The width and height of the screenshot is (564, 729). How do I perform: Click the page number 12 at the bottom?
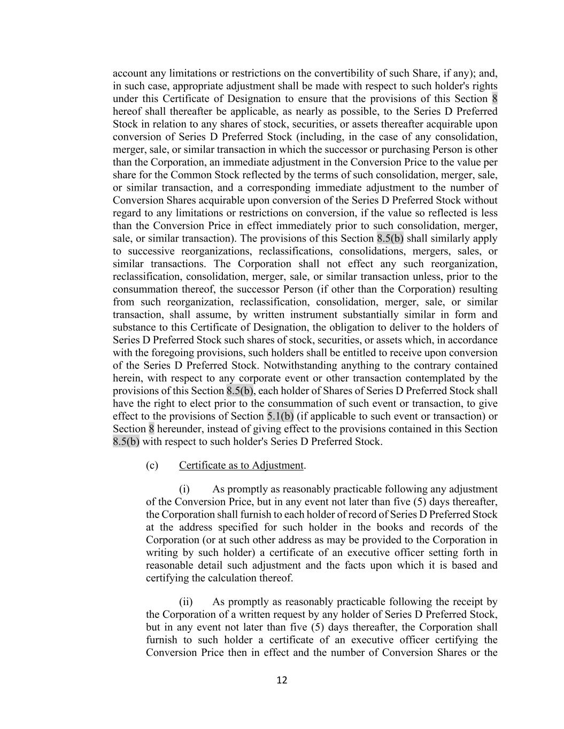(x=282, y=680)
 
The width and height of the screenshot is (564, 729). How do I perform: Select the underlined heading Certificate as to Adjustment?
(x=241, y=465)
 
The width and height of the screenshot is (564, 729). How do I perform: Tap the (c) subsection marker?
(x=152, y=465)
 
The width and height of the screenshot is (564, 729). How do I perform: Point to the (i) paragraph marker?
(x=184, y=489)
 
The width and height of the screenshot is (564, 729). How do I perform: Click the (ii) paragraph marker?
(x=186, y=602)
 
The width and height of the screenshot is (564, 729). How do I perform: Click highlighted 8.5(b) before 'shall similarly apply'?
(x=390, y=238)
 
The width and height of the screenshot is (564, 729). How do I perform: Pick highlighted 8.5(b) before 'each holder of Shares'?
(x=240, y=390)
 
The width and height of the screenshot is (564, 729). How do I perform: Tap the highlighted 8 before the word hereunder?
(x=151, y=429)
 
